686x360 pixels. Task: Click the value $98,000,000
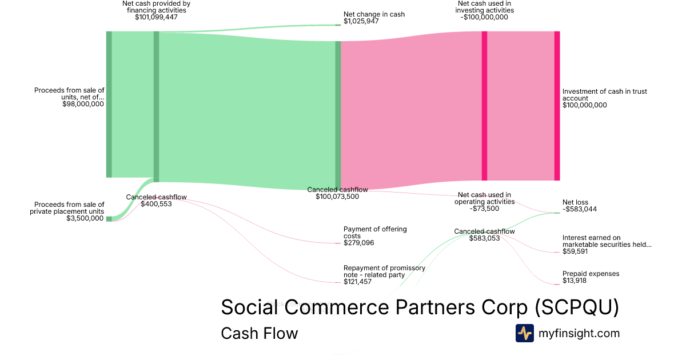[x=83, y=104]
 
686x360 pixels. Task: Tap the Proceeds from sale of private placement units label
[x=67, y=208]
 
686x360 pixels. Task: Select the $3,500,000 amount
[x=85, y=218]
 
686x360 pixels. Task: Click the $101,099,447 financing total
[x=156, y=17]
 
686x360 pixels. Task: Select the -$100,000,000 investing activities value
[x=484, y=17]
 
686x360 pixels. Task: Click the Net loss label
[x=575, y=202]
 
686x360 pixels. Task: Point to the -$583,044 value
[x=579, y=209]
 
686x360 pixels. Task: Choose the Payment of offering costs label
[x=374, y=232]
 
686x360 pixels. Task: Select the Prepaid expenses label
[x=591, y=274]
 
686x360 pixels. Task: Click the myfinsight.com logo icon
[x=524, y=333]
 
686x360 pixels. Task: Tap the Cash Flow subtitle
[x=259, y=333]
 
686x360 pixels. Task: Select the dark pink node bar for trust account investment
[x=557, y=106]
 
